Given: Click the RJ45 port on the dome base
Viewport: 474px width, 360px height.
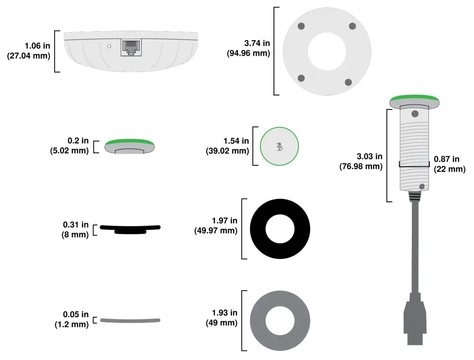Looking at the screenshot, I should (x=130, y=47).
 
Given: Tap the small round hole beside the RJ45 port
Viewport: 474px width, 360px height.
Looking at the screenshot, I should (x=109, y=46).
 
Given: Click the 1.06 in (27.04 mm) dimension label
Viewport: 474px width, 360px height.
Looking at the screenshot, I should (x=29, y=51).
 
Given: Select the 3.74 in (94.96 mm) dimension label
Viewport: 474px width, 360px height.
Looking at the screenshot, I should (x=248, y=49).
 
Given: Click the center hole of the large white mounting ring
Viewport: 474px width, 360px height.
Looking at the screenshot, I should (x=327, y=51).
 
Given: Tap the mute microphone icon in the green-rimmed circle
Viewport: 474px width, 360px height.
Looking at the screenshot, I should (x=280, y=146).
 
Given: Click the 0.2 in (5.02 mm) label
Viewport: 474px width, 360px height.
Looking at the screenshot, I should (x=69, y=146).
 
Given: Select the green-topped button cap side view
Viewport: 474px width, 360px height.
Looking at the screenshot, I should (x=130, y=146).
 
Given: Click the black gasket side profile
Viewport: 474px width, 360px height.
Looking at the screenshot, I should (x=130, y=228).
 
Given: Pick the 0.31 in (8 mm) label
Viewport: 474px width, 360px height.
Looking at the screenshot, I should (x=75, y=229).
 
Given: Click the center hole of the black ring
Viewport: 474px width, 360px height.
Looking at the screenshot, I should (x=280, y=229).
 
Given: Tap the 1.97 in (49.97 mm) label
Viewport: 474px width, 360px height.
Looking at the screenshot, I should (x=216, y=225).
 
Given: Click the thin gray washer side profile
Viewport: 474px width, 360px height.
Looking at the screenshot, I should (x=130, y=320).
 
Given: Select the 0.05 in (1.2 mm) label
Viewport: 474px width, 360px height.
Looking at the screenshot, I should (x=72, y=319).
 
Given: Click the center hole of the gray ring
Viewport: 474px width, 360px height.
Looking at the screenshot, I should (x=280, y=320).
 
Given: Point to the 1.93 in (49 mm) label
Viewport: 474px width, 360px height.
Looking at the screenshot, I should (x=222, y=318).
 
